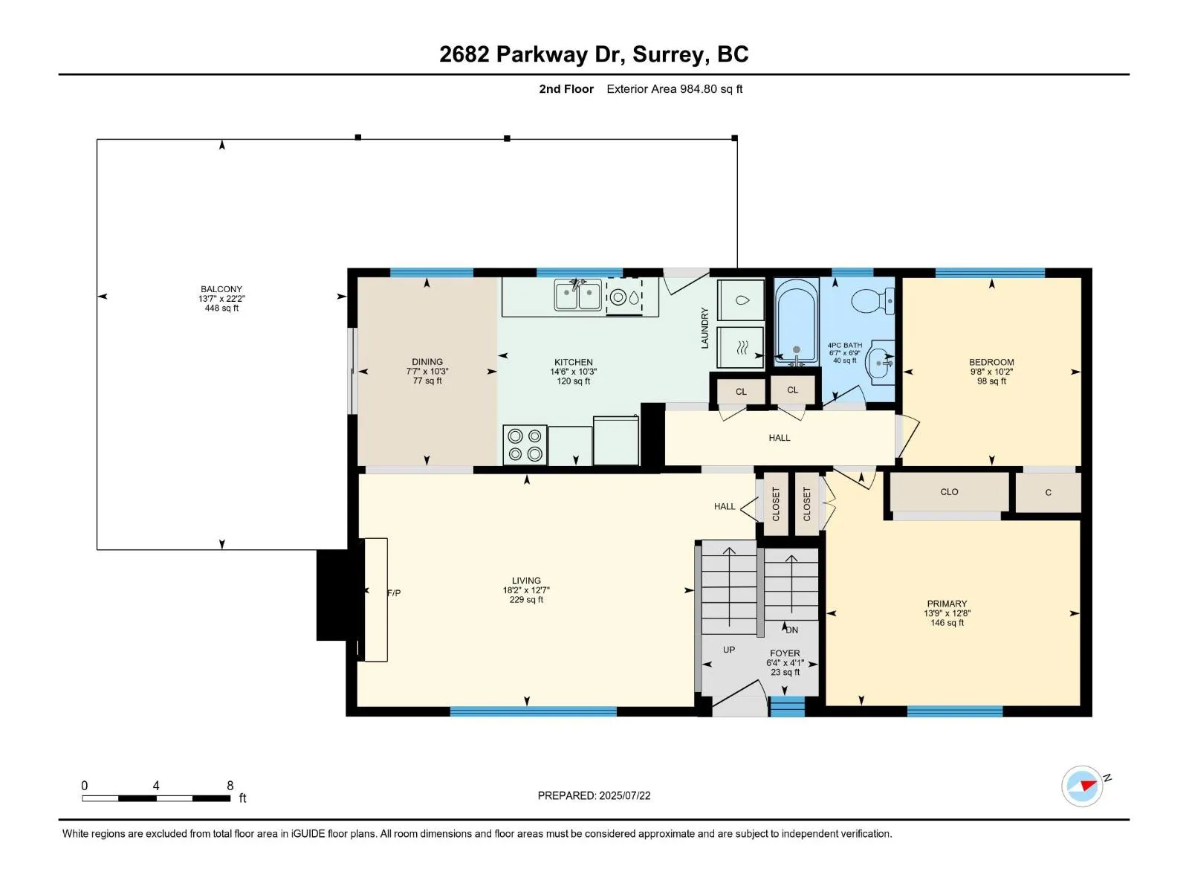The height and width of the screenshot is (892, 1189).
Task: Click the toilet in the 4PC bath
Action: [x=872, y=300]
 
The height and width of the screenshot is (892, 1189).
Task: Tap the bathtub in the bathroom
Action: [x=796, y=320]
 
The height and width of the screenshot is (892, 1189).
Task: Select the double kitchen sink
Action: [x=577, y=295]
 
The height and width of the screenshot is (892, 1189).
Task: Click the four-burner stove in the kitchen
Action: [x=525, y=445]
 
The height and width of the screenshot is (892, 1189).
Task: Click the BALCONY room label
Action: [x=221, y=289]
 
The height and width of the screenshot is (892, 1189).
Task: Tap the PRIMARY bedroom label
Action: [x=946, y=604]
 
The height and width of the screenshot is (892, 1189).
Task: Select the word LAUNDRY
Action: [x=704, y=329]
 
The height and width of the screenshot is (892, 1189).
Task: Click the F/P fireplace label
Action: [x=394, y=593]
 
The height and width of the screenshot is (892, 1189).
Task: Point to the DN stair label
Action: [x=791, y=630]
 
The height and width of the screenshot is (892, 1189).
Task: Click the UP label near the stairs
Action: [x=728, y=650]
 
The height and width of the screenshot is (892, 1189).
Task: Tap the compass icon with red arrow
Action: [x=1082, y=785]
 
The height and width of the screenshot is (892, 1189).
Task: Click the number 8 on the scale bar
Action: [x=230, y=785]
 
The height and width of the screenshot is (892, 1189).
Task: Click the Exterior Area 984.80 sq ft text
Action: [x=674, y=89]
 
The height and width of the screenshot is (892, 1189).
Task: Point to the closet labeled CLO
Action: [x=949, y=492]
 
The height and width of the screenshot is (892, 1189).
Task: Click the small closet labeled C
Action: [x=1048, y=492]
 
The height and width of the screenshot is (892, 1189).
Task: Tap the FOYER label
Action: [x=784, y=653]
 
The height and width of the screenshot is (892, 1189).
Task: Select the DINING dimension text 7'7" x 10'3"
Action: [x=427, y=372]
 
